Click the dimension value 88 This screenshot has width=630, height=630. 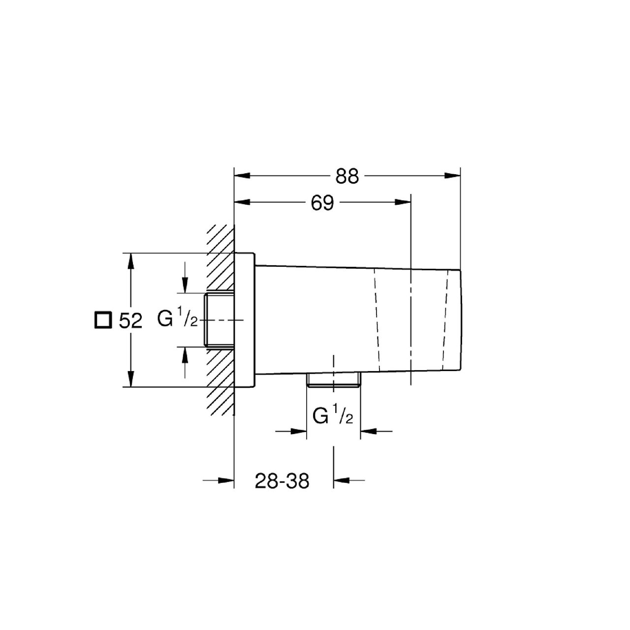coord(347,177)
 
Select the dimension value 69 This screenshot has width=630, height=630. coord(322,203)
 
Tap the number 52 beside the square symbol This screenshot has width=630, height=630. coord(130,321)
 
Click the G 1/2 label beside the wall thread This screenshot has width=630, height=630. coord(178,319)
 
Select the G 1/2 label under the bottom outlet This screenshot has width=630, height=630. coord(333,415)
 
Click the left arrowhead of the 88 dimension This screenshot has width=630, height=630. coord(242,176)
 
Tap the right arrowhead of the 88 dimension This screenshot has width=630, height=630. coord(452,176)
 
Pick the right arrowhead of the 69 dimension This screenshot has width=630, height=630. coord(403,202)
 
